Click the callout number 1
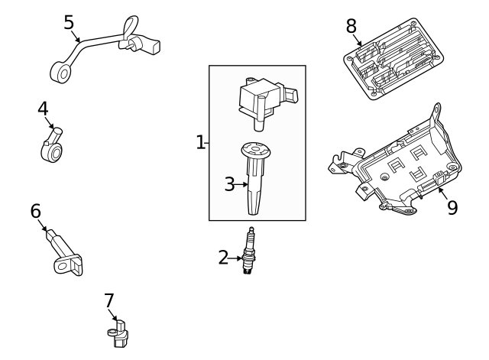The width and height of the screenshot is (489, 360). [201, 142]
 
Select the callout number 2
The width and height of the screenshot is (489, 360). [223, 258]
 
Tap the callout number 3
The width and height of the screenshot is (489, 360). [229, 183]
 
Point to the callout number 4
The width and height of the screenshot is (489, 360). [44, 109]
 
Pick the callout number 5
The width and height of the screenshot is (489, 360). [69, 21]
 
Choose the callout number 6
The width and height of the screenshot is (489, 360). [35, 210]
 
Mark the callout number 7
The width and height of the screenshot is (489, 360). [109, 301]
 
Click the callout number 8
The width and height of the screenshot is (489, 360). [351, 26]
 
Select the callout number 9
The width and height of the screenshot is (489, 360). [452, 207]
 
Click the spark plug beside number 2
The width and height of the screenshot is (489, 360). [248, 251]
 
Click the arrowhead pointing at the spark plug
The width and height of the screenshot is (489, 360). [241, 258]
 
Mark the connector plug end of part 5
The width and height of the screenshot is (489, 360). [146, 46]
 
